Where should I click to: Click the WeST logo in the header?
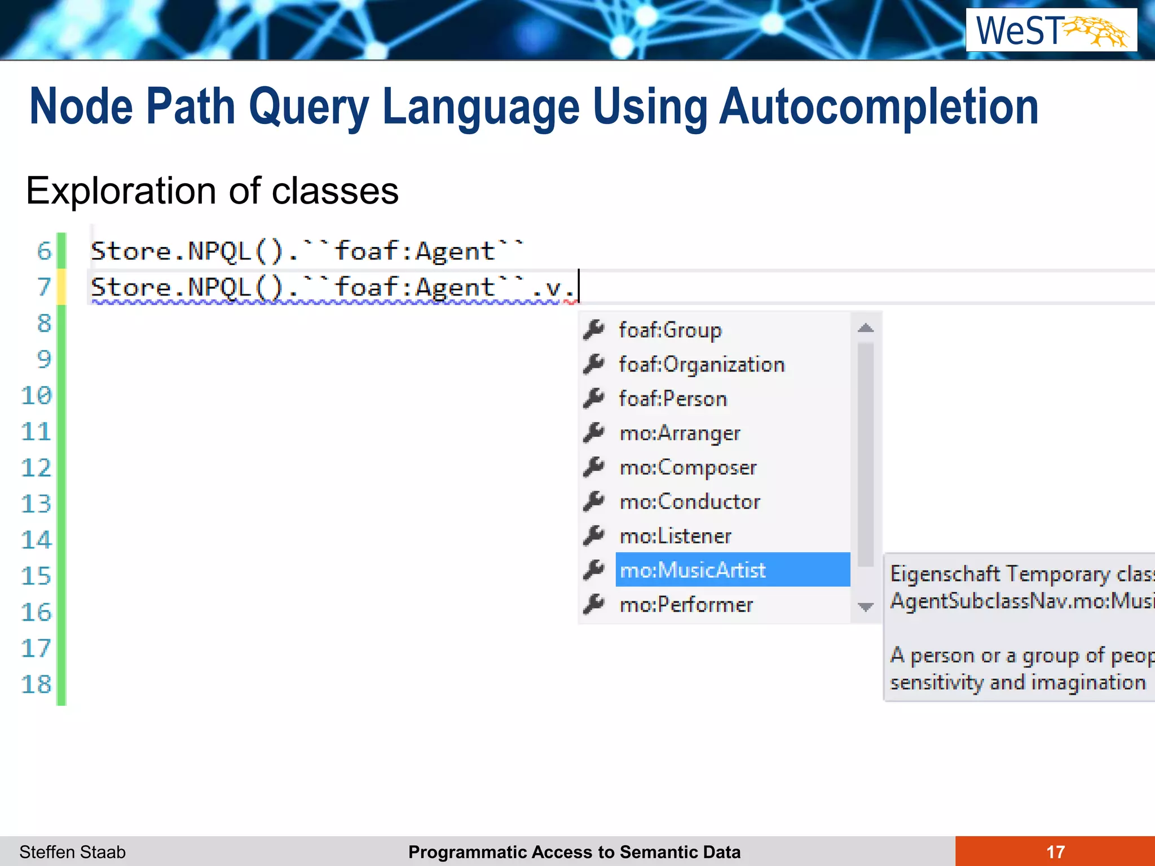pos(1051,30)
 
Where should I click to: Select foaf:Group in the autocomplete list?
pos(670,330)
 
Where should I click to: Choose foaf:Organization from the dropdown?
pos(702,364)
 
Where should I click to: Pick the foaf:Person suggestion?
pos(673,399)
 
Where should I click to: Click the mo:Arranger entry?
pos(680,433)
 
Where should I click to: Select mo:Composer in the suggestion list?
pos(688,467)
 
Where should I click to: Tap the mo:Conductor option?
pos(690,502)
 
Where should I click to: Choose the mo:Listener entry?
pos(675,536)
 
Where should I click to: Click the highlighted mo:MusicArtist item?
pos(693,570)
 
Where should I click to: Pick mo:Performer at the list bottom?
pos(686,604)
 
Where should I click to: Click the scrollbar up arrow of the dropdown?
pos(866,328)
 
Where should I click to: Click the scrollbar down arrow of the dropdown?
pos(866,607)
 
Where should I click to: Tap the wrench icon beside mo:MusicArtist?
pos(594,569)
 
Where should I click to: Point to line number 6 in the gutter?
pos(44,251)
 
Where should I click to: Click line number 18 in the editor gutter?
pos(36,684)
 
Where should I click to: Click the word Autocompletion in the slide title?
pos(879,107)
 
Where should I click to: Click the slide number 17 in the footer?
pos(1055,851)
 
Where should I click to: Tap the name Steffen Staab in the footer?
pos(73,852)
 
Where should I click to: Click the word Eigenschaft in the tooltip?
pos(944,573)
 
